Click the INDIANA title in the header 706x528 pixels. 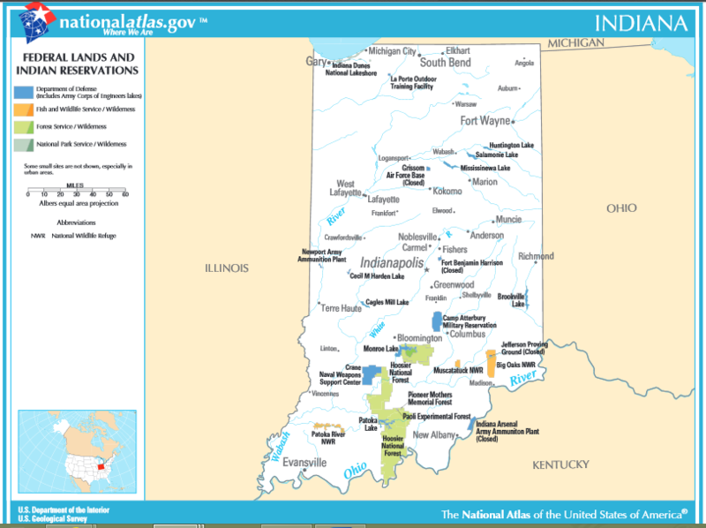tap(641, 22)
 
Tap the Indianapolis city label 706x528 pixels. tap(393, 263)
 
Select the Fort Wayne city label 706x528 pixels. tap(484, 121)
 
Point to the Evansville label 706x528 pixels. tap(304, 463)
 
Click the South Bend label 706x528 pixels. tap(445, 63)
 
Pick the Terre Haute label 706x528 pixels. tap(341, 308)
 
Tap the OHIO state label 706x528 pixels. tap(621, 208)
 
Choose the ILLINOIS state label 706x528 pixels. tap(227, 268)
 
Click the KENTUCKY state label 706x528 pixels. tap(560, 464)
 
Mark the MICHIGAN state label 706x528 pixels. tap(575, 43)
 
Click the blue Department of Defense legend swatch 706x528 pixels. tap(23, 91)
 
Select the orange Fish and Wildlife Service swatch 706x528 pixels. tap(23, 109)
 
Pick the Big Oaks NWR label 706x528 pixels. tap(514, 364)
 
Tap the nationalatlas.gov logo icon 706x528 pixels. tap(36, 20)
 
